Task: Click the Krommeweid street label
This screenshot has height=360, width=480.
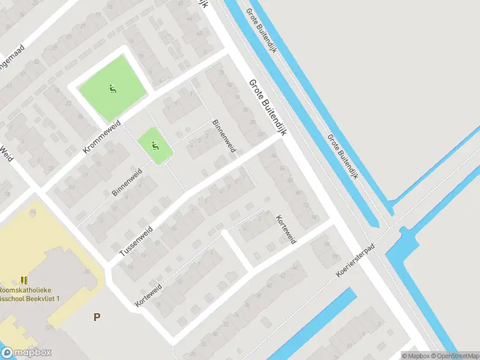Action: [102, 136]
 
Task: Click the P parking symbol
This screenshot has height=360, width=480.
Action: [96, 317]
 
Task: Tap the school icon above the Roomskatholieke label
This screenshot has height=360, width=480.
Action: [24, 280]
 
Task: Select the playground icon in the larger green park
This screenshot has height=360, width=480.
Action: [112, 89]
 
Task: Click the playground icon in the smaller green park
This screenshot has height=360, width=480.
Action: [156, 145]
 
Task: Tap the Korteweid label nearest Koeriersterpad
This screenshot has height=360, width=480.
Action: [286, 229]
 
